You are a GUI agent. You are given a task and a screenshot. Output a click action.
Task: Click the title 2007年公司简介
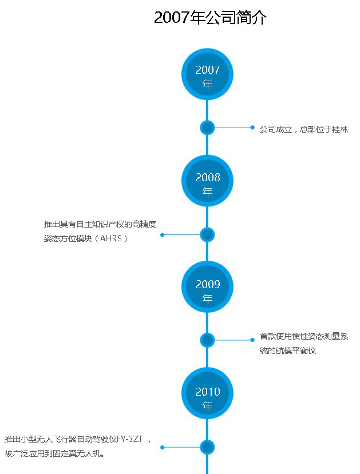(x=210, y=18)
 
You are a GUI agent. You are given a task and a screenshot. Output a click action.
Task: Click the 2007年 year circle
(x=207, y=77)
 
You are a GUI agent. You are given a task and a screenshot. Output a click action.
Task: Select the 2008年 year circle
(x=207, y=184)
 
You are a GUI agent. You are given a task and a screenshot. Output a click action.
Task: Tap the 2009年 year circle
(x=207, y=290)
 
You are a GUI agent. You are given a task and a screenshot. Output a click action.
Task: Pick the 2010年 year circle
(x=207, y=398)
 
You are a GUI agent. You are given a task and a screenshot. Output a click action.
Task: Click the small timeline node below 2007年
(x=207, y=128)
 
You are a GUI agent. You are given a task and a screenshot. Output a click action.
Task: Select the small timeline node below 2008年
(x=207, y=234)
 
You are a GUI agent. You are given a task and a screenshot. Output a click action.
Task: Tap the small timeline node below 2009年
(x=207, y=340)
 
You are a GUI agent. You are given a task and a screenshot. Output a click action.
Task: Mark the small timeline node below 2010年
(x=207, y=447)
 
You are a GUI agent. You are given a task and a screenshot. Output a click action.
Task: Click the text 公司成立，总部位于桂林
(x=303, y=129)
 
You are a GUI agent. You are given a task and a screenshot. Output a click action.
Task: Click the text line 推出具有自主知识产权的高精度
(x=100, y=224)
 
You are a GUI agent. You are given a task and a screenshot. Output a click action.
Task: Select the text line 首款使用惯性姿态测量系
(x=303, y=337)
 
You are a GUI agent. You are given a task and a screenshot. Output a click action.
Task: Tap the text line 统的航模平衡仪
(x=287, y=350)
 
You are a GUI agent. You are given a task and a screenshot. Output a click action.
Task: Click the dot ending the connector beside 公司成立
(x=252, y=128)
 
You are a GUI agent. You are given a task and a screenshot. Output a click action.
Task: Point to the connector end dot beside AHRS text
(x=163, y=234)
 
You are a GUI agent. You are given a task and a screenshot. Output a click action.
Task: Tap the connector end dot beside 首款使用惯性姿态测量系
(x=252, y=340)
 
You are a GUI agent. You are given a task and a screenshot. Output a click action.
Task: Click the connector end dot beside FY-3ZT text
(x=163, y=447)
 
